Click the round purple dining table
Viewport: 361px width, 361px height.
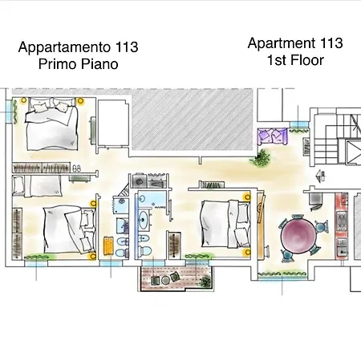(299, 237)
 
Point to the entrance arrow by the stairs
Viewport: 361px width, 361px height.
(320, 174)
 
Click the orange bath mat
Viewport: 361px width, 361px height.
(107, 244)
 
